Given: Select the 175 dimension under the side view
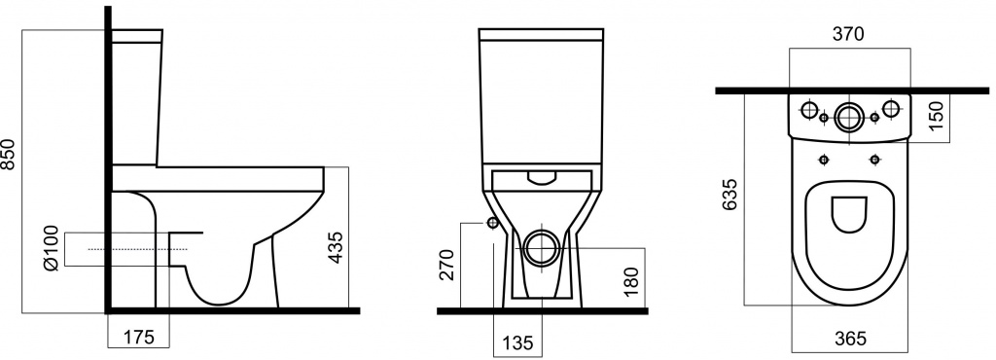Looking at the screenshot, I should tap(137, 338).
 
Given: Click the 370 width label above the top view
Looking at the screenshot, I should tap(847, 34).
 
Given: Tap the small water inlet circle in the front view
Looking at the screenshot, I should tap(492, 224).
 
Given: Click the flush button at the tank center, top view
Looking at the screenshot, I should tap(848, 116).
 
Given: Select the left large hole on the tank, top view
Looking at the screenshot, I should tap(806, 107).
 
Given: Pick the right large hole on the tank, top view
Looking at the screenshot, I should tap(890, 107).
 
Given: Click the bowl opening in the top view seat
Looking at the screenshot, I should tap(848, 213).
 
